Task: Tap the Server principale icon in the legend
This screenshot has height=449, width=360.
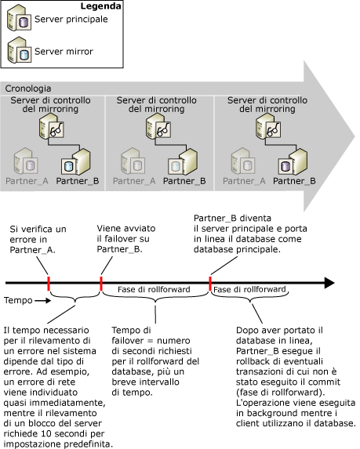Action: click(19, 22)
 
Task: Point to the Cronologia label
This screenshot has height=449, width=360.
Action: click(28, 89)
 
